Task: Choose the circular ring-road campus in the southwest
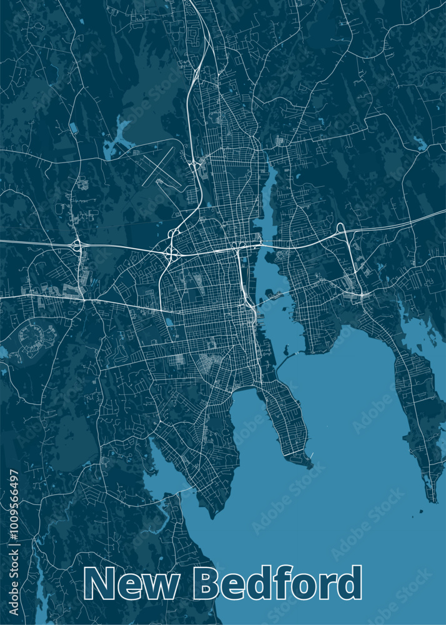pos(30,336)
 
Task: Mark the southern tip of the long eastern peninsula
pos(432,497)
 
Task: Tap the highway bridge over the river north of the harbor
pos(259,245)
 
